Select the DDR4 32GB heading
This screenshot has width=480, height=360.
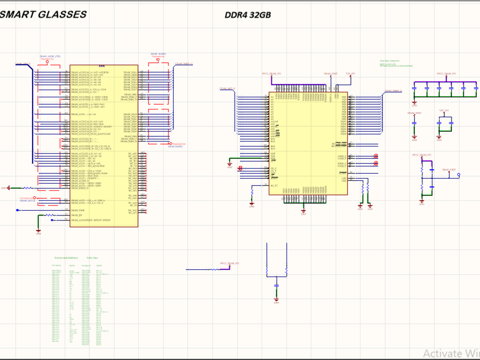[x=248, y=15]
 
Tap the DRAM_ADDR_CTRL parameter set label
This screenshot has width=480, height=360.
[x=50, y=57]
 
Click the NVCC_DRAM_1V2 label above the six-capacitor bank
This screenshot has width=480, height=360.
[x=446, y=74]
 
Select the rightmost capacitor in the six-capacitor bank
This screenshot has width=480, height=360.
[x=475, y=89]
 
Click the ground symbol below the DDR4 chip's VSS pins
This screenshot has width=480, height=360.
[x=303, y=211]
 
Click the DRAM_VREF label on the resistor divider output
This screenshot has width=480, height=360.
[x=449, y=170]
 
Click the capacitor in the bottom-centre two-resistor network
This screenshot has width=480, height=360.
[x=276, y=286]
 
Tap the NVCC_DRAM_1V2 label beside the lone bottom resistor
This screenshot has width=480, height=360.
[x=229, y=264]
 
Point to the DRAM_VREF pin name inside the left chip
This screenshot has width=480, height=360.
[x=78, y=210]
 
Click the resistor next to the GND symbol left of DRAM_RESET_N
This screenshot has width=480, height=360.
[x=28, y=188]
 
